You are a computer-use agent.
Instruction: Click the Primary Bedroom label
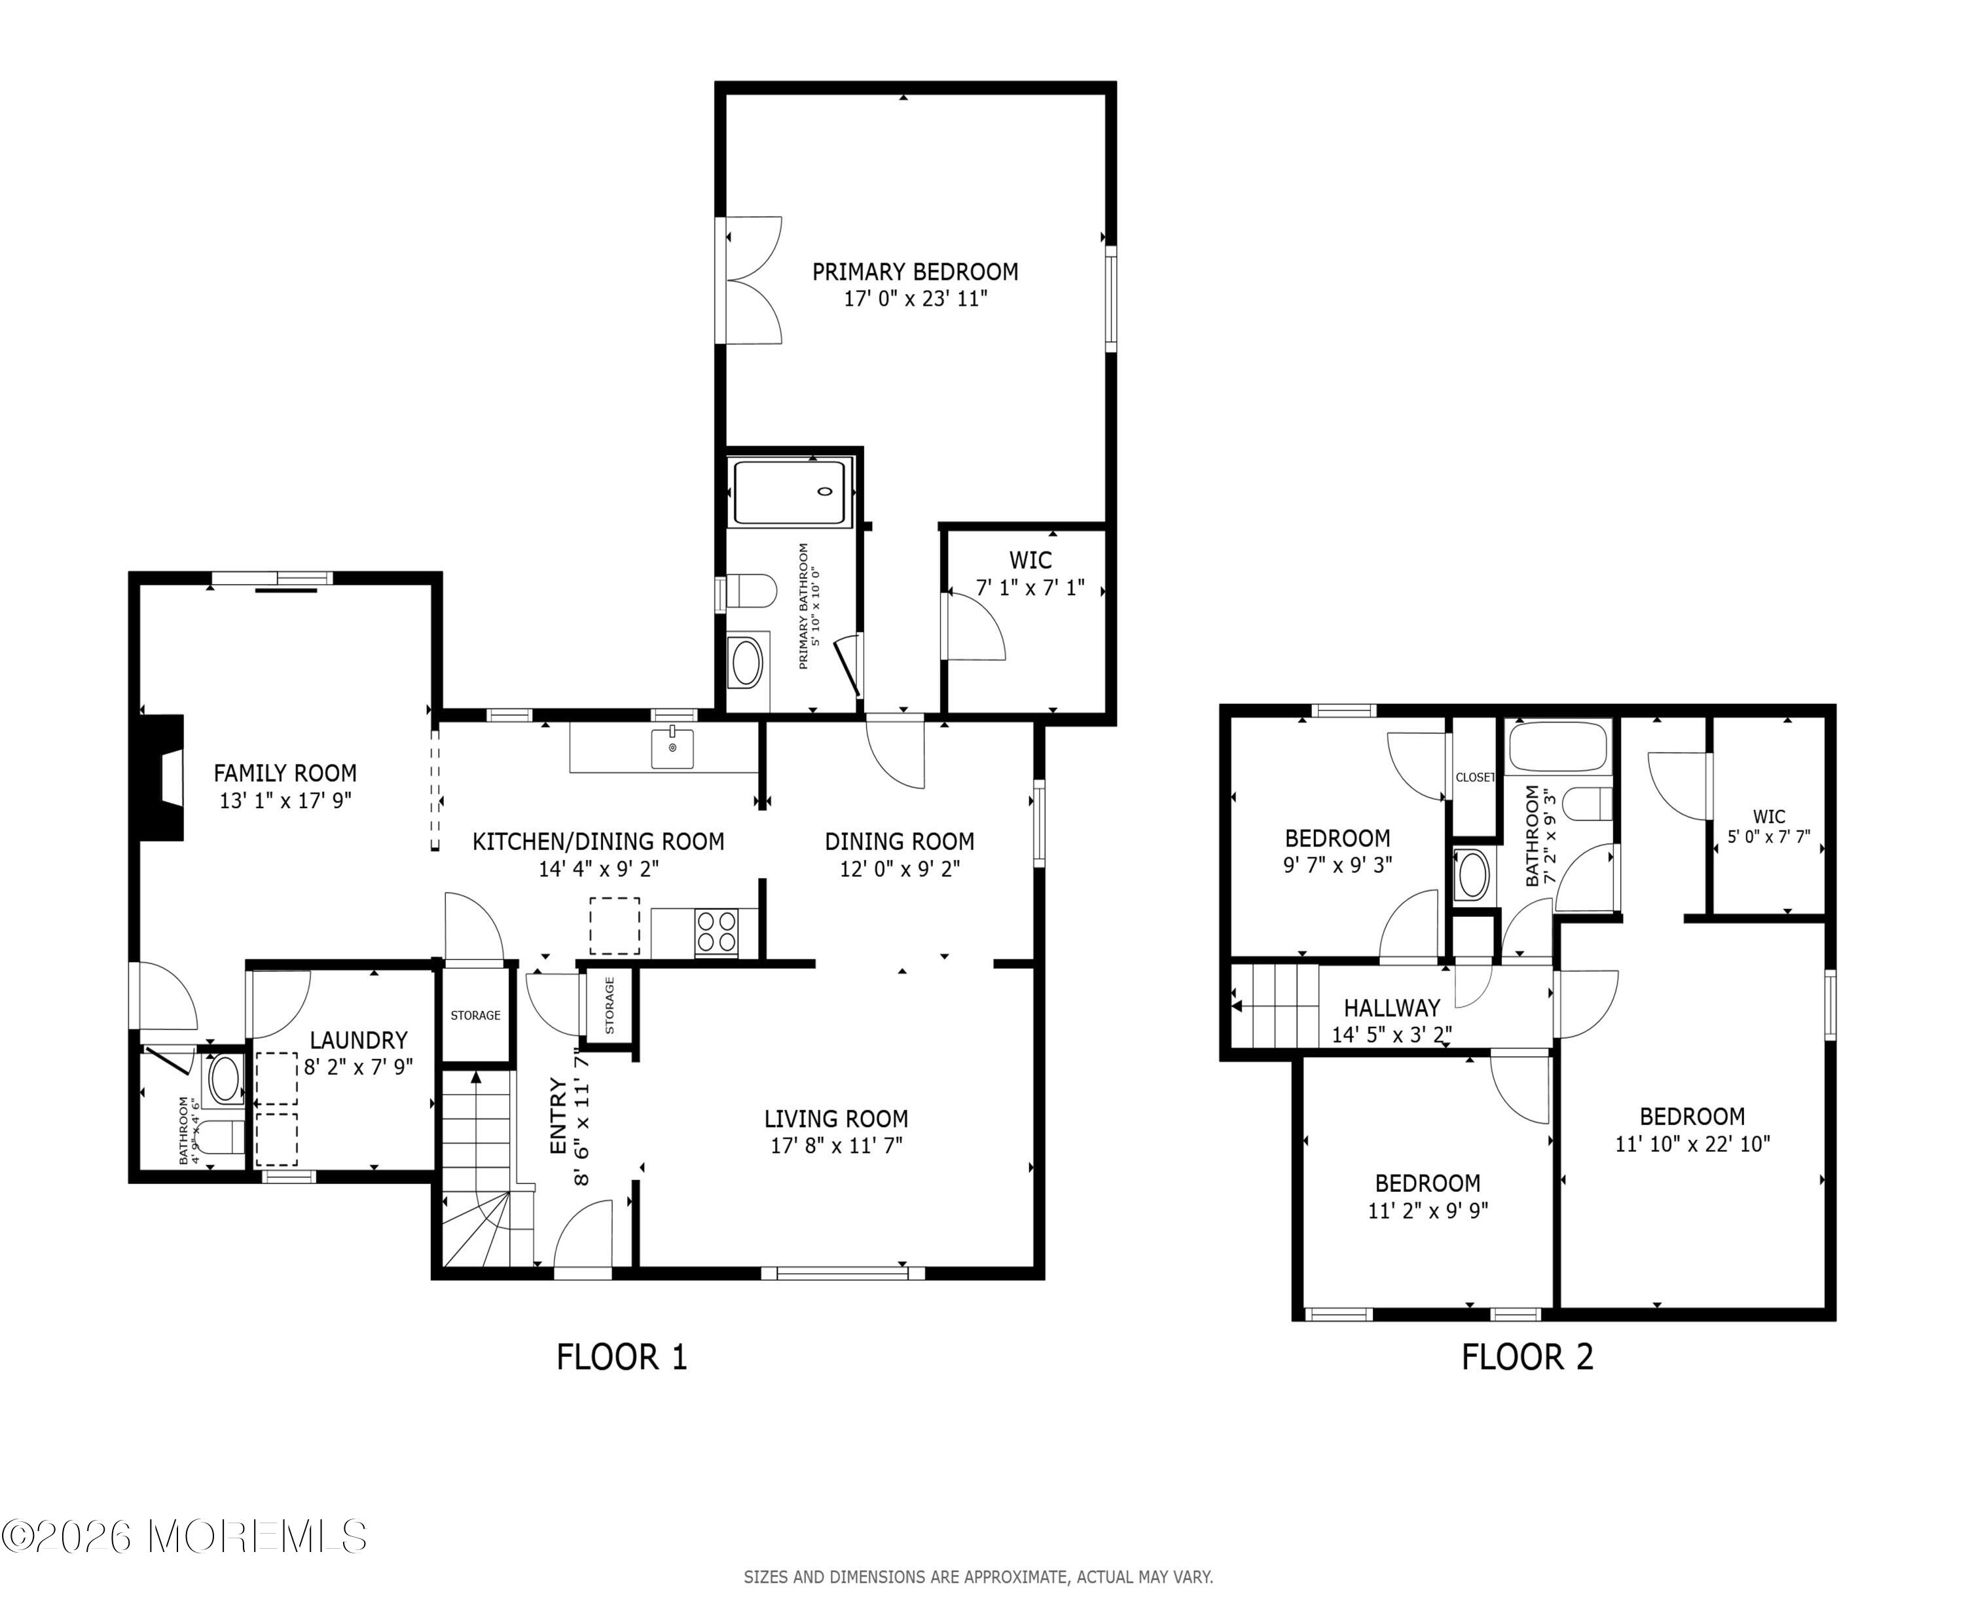pos(915,272)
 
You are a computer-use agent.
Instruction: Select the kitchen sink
pos(672,748)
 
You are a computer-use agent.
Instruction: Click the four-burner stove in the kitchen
pos(716,931)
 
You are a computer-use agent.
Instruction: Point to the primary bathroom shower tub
pos(790,493)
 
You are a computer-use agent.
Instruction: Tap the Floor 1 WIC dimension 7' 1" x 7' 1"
pos(1029,587)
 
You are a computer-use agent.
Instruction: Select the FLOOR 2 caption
pos(1527,1357)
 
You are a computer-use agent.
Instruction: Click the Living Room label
pos(835,1119)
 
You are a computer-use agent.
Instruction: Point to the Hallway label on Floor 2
pos(1391,1007)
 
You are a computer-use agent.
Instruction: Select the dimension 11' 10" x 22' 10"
pos(1692,1144)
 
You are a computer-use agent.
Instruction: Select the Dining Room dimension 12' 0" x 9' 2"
pos(899,868)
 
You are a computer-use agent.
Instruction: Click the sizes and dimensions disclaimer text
pos(977,1576)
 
